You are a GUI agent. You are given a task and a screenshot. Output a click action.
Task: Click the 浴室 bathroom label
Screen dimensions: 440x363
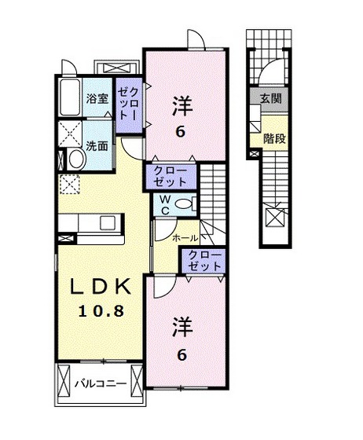click(x=97, y=101)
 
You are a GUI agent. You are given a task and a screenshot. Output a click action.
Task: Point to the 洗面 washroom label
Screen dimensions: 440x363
click(x=97, y=146)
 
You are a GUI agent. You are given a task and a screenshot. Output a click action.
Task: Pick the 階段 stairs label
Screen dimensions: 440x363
click(x=274, y=139)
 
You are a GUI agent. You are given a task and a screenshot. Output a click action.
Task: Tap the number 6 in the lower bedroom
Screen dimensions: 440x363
click(x=181, y=356)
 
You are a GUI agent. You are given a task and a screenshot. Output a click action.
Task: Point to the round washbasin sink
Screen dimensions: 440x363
click(x=76, y=158)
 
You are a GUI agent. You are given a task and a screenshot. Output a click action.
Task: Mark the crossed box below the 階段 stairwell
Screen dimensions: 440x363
click(x=277, y=216)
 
